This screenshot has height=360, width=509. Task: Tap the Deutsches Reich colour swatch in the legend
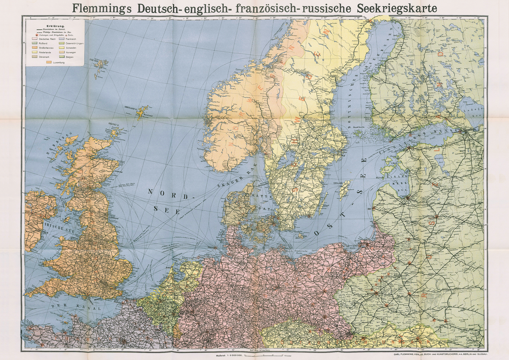click(35, 39)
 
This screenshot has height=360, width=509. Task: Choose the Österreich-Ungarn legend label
click(74, 43)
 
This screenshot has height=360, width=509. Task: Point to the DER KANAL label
click(76, 307)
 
